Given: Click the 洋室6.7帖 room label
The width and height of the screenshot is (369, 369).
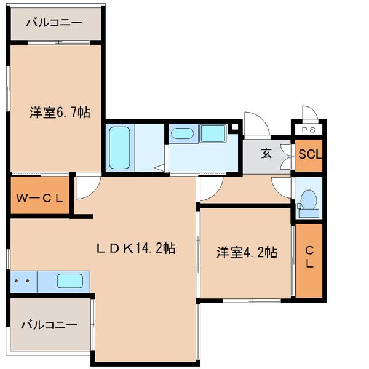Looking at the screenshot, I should pyautogui.click(x=60, y=113).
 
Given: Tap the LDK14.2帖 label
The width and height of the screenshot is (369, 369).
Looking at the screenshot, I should pyautogui.click(x=136, y=248).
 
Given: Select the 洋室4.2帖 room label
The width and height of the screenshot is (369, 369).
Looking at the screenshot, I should pyautogui.click(x=246, y=252).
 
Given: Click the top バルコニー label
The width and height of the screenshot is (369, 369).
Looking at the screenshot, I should pyautogui.click(x=55, y=23).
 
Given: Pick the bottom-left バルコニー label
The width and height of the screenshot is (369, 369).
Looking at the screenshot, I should pyautogui.click(x=49, y=324).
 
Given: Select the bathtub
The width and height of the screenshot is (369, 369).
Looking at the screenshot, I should pyautogui.click(x=120, y=147).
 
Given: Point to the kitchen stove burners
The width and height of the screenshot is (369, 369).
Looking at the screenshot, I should pyautogui.click(x=23, y=281).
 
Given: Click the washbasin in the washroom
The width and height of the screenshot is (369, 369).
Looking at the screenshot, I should pyautogui.click(x=182, y=134).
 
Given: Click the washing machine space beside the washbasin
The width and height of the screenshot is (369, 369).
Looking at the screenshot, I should pyautogui.click(x=213, y=133).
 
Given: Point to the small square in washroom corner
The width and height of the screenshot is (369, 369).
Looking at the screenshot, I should pyautogui.click(x=235, y=127).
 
